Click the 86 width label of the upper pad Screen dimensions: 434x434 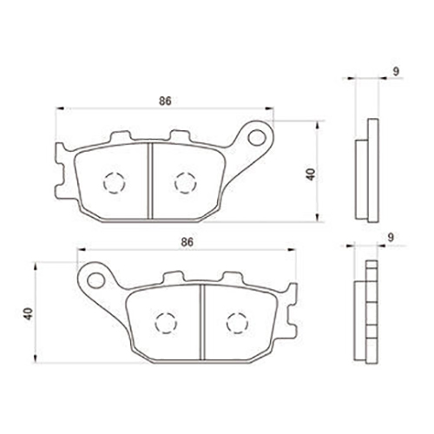coord(165,101)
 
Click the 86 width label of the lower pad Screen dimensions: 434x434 coord(187,242)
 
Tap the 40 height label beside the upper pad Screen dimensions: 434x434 coord(311,174)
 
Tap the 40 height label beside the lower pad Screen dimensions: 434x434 coord(29,313)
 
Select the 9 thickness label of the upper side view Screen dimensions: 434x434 coord(396,71)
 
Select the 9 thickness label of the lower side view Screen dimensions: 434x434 coord(391,237)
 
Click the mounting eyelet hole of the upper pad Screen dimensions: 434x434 coord(256,137)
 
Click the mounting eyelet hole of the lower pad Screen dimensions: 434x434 coord(95,280)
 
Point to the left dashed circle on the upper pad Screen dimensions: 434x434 coord(115,183)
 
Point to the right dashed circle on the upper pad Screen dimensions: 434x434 coord(186,182)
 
